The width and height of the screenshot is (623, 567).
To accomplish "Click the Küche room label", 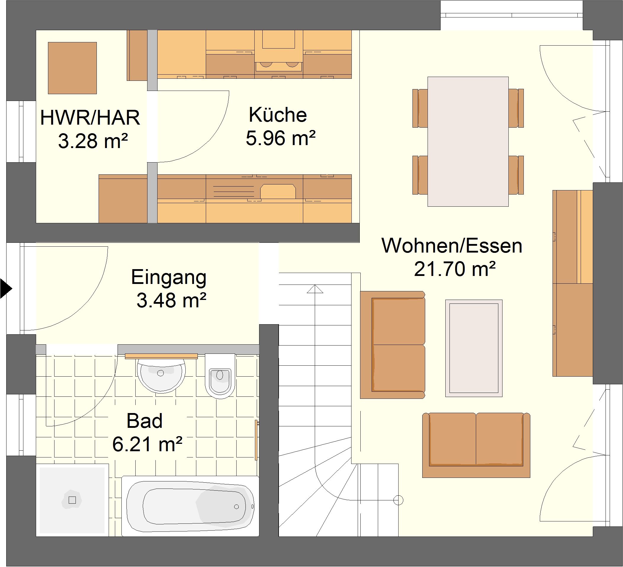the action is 278,115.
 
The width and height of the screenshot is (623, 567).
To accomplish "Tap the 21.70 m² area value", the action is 455,269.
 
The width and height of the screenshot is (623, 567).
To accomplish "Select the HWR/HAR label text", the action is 90,118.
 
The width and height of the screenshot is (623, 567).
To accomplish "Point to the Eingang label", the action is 169,278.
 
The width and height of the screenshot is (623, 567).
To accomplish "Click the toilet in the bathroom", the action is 220,376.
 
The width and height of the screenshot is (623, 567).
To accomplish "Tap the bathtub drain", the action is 236,507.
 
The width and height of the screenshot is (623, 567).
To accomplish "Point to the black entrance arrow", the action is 5,289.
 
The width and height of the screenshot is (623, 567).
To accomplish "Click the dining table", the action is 468,142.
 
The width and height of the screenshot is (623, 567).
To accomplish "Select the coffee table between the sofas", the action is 474,348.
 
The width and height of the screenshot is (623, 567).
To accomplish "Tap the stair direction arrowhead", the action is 315,289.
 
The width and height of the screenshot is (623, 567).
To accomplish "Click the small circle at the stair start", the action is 398,500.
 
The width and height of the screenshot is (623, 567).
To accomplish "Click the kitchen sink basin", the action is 278,192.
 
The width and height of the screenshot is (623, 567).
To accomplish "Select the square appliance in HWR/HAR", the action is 72,68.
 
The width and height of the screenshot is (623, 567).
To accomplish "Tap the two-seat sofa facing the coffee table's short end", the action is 476,445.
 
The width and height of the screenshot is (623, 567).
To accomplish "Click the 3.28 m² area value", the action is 93,142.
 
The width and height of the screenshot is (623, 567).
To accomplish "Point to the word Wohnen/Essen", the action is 452,246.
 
